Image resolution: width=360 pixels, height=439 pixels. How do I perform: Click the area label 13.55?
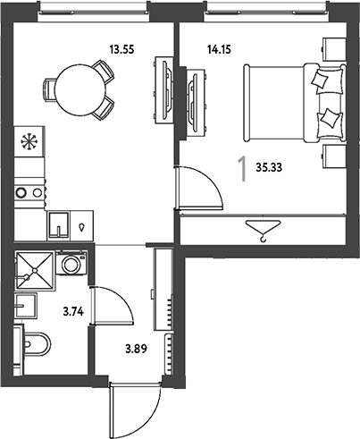click(121, 49)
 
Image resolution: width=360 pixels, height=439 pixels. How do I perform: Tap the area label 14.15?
click(219, 49)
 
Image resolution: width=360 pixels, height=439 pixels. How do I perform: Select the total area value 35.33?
click(269, 167)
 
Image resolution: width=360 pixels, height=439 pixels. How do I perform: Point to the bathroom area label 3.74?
click(73, 312)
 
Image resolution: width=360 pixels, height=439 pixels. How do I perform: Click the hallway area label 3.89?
click(136, 349)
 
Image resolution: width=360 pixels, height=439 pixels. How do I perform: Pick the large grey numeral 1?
click(242, 169)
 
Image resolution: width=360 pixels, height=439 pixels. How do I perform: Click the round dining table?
click(80, 90)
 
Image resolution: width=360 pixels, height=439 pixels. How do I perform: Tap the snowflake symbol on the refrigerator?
click(29, 141)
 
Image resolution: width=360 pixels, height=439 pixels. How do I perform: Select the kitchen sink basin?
click(59, 224)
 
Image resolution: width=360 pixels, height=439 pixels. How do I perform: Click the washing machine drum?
click(71, 264)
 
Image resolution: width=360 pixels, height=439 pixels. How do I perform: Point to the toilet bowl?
click(37, 344)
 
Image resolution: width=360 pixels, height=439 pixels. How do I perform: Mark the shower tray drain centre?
click(35, 270)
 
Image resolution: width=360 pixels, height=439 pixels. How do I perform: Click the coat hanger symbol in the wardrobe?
click(264, 230)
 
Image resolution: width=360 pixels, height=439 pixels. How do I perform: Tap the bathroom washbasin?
click(26, 305)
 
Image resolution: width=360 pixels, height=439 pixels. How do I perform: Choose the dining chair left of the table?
click(49, 90)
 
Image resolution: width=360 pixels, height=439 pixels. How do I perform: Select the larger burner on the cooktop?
click(21, 192)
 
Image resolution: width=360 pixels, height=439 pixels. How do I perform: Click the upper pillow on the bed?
click(320, 79)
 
